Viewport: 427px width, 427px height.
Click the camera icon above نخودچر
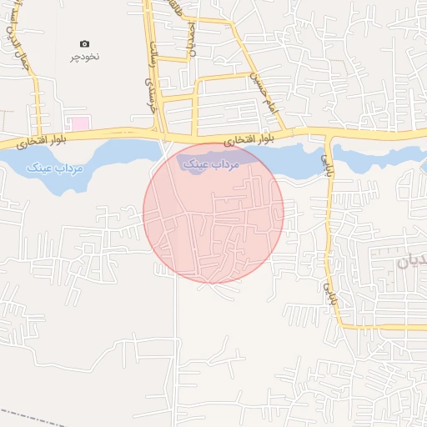point(84,43)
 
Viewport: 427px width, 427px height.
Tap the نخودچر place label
point(84,58)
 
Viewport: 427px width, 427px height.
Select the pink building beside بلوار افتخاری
point(79,123)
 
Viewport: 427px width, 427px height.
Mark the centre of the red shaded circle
point(213,213)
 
